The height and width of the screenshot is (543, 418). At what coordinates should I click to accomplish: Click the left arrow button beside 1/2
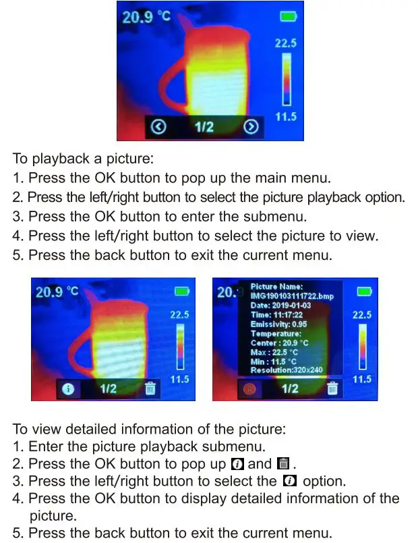[158, 127]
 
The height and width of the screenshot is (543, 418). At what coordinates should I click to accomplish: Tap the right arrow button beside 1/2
[251, 127]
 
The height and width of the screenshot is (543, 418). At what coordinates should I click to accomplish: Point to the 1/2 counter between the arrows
[204, 127]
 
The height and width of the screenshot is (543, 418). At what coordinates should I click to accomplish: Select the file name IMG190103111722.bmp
[292, 296]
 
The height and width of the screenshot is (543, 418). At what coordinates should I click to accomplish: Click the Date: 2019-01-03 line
[280, 306]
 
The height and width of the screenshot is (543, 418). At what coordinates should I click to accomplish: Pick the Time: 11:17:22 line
[277, 315]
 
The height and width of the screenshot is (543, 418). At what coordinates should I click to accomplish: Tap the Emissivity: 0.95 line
[278, 325]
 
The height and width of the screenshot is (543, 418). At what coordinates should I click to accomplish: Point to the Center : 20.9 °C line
[279, 343]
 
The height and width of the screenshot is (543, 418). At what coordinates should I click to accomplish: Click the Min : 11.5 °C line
[273, 361]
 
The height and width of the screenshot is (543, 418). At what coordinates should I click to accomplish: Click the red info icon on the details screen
[251, 388]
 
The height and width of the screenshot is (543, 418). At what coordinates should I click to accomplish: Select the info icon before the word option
[290, 482]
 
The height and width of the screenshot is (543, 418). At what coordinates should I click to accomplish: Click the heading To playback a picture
[83, 159]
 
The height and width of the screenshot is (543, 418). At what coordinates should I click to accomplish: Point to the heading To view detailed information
[149, 429]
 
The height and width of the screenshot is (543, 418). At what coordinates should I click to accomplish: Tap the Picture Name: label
[276, 287]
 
